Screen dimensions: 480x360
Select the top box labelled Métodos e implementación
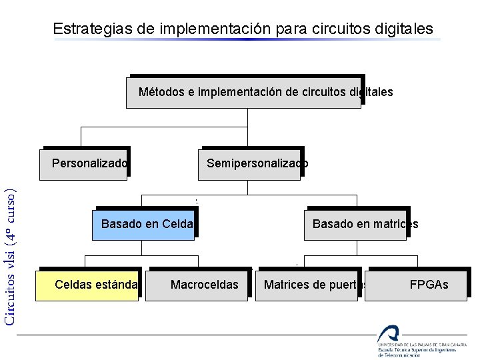pyautogui.click(x=244, y=92)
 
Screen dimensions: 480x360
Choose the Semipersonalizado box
pyautogui.click(x=249, y=164)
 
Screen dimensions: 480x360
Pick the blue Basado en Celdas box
pyautogui.click(x=145, y=224)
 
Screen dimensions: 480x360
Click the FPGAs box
pyautogui.click(x=420, y=285)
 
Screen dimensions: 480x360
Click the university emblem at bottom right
pyautogui.click(x=387, y=335)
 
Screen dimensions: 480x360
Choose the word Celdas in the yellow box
pyautogui.click(x=73, y=285)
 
